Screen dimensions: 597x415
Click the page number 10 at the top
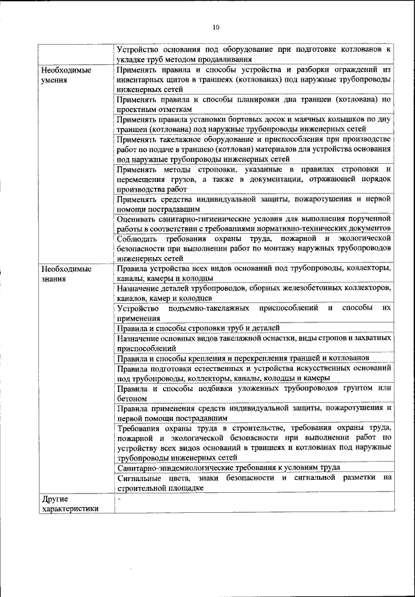tap(216, 27)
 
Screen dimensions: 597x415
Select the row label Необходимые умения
tap(65, 75)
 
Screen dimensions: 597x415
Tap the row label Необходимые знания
tap(65, 273)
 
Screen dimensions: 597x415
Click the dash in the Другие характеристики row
tap(119, 498)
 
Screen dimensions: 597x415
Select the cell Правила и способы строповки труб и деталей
tap(198, 328)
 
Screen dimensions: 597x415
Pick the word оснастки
tap(284, 338)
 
